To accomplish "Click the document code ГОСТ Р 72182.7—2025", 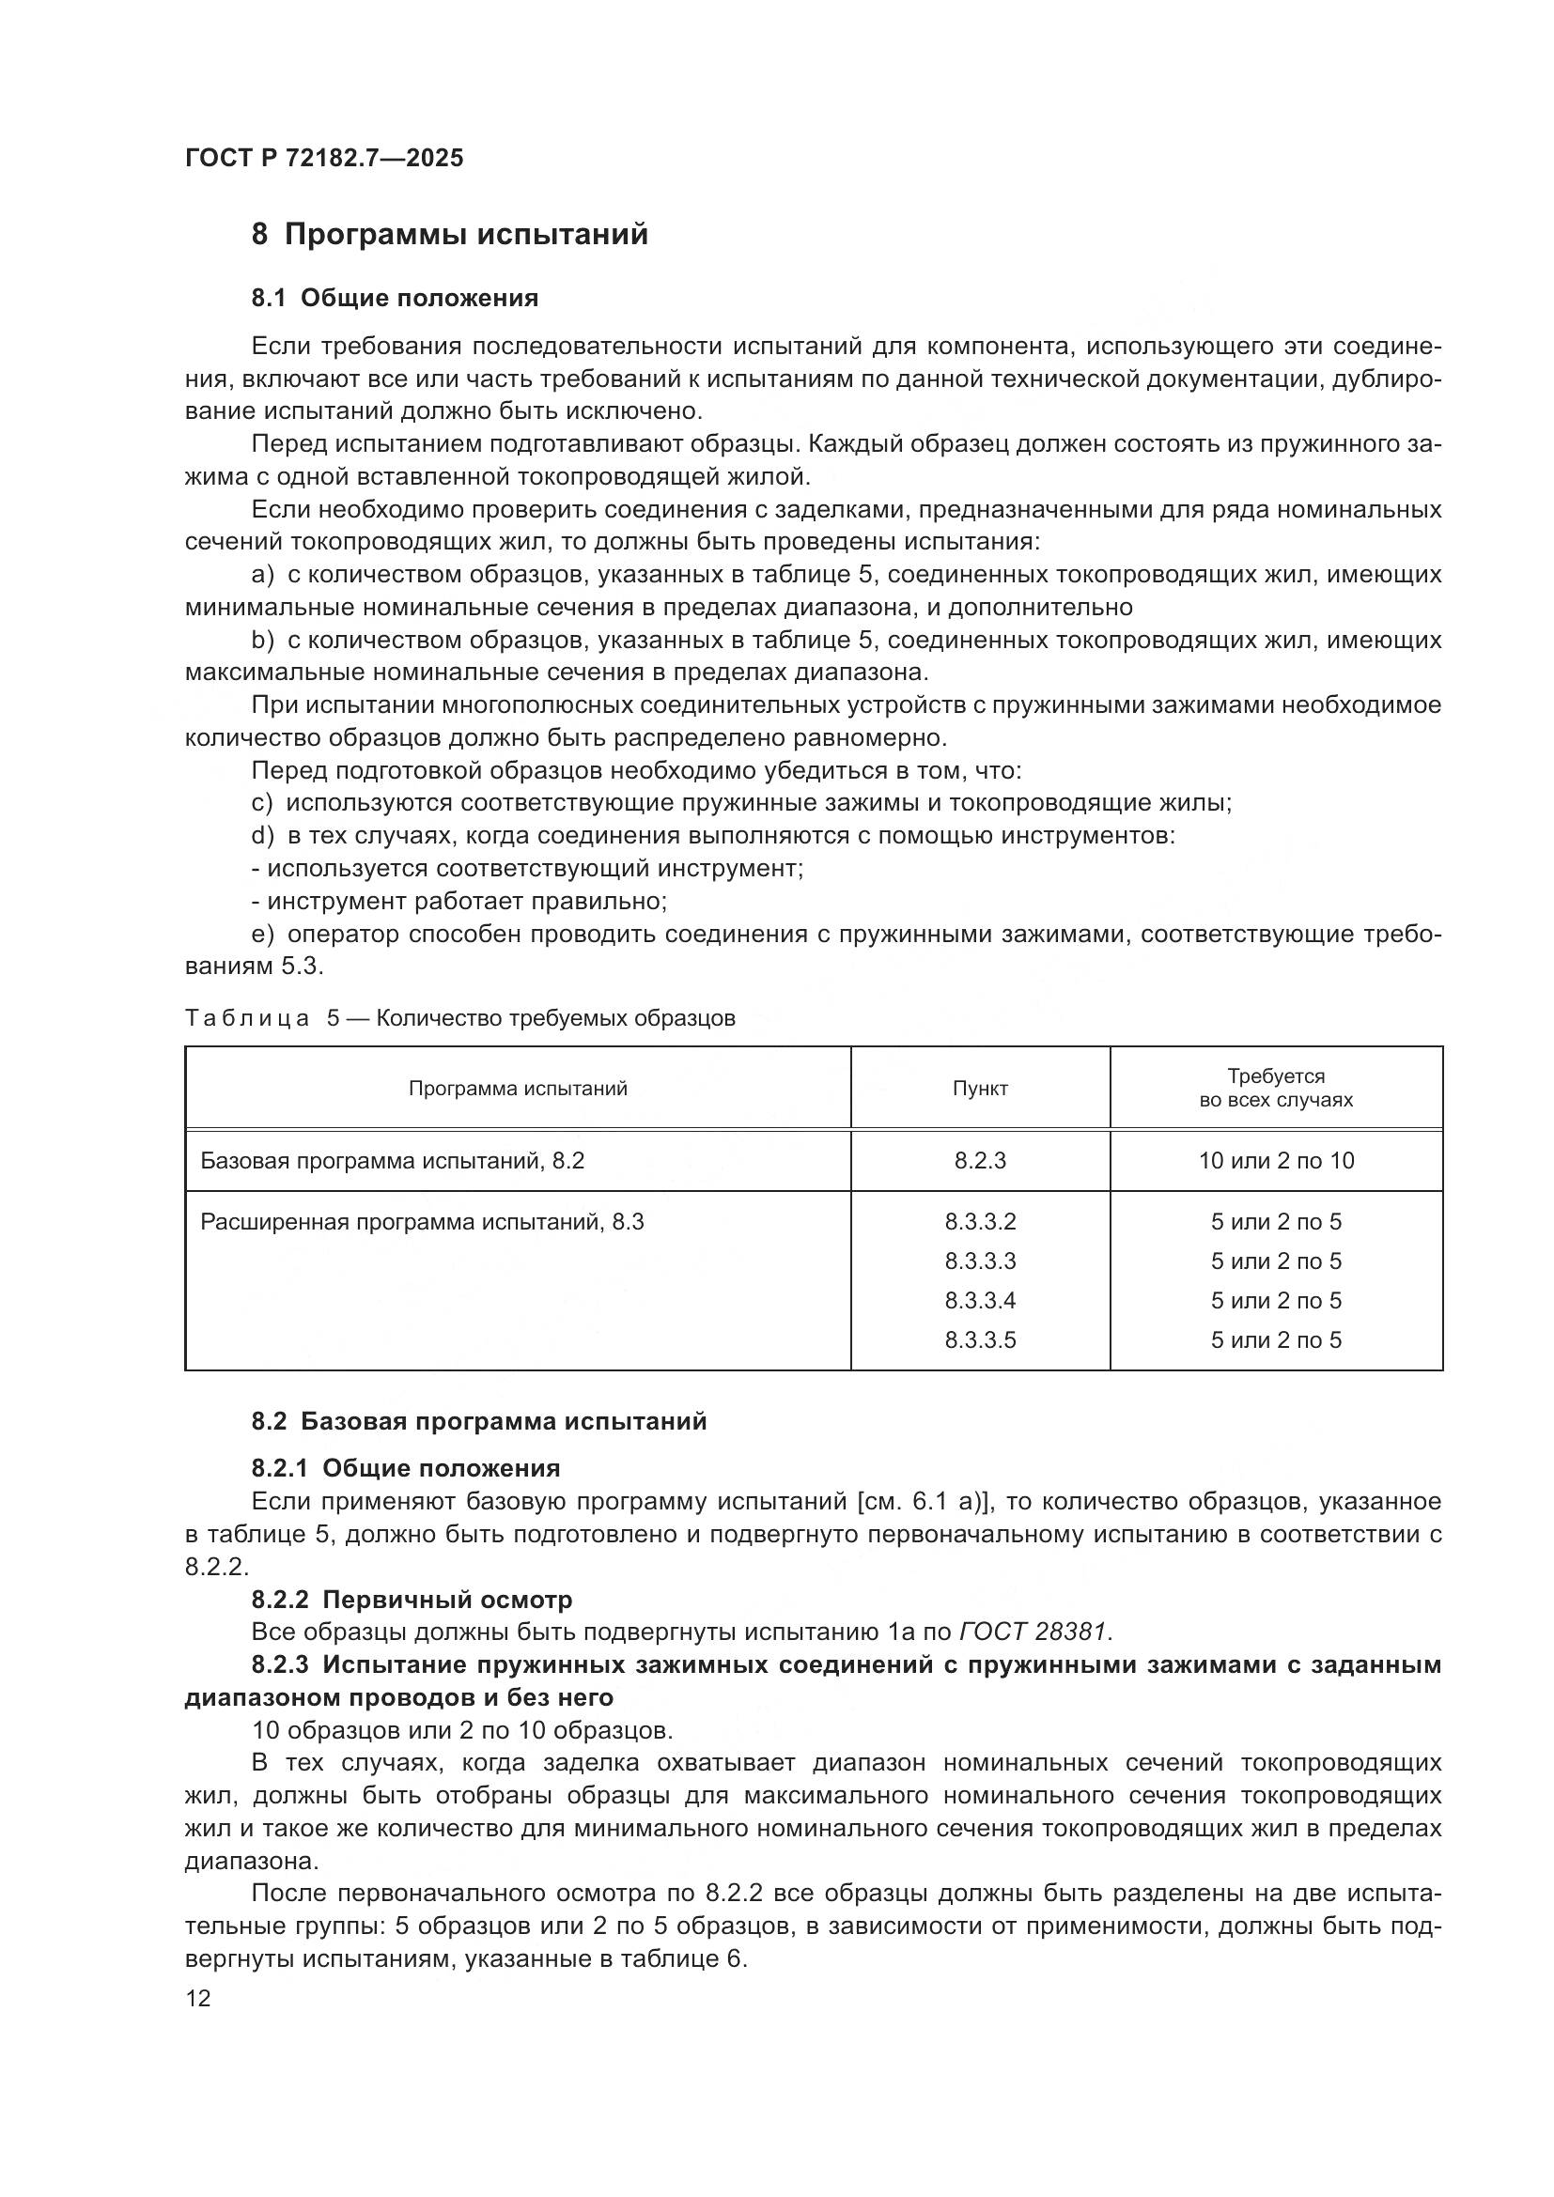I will (323, 158).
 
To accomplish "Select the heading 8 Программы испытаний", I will (450, 235).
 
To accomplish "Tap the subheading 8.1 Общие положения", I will (395, 298).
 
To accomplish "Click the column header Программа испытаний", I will (518, 1088).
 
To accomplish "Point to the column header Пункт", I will (980, 1088).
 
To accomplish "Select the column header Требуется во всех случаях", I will (1276, 1088).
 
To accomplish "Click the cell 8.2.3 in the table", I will (980, 1161).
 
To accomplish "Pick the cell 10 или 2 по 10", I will (1276, 1161).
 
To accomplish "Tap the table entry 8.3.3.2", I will (980, 1222).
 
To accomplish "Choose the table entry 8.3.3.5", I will (980, 1339).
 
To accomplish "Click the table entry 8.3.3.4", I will (980, 1300).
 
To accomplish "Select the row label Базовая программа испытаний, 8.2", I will (393, 1161).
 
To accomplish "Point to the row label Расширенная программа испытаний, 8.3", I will (422, 1222).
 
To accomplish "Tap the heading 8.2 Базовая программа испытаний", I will (478, 1421).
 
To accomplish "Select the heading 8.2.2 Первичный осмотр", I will (412, 1599).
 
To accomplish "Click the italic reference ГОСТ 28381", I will (1035, 1632).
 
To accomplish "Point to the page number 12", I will (198, 1999).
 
